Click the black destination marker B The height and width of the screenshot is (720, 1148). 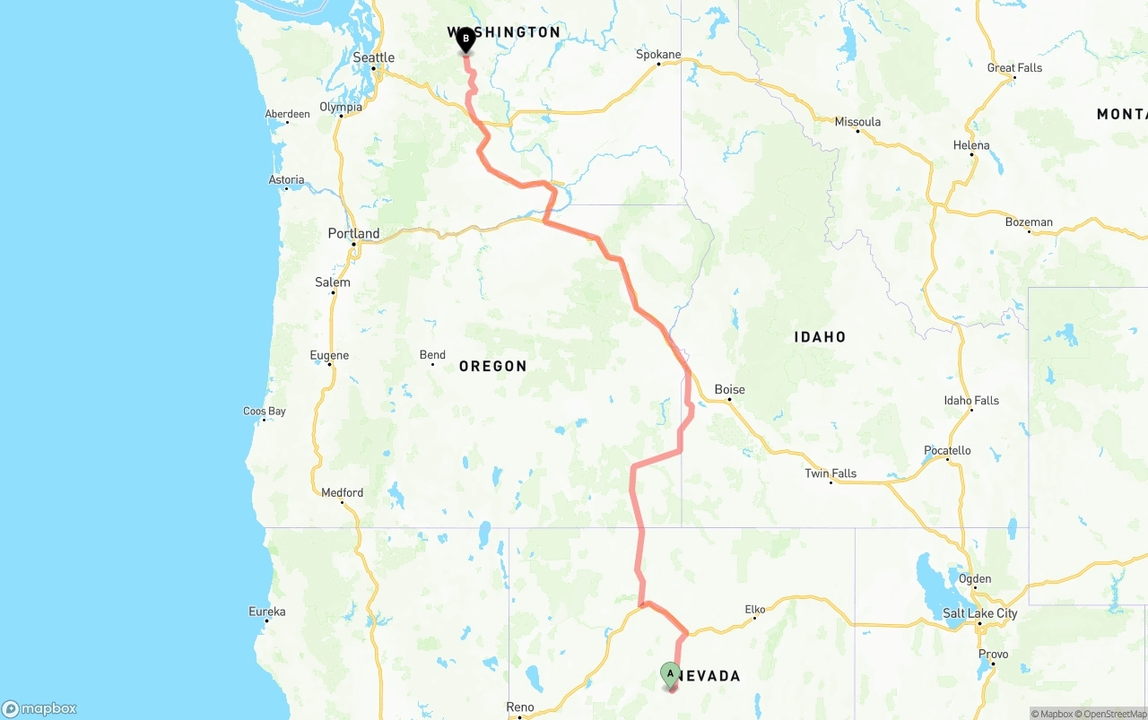tap(465, 39)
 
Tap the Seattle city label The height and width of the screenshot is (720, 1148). tap(374, 57)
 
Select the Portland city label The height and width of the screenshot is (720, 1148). tap(353, 233)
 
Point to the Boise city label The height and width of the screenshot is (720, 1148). tap(729, 389)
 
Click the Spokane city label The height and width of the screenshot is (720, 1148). tap(658, 54)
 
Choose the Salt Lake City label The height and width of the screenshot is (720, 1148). tap(980, 613)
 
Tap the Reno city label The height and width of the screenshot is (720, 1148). tap(520, 707)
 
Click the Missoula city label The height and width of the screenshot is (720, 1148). tap(857, 121)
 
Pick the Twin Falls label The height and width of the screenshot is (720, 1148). tap(831, 473)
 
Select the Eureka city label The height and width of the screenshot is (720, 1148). tap(267, 612)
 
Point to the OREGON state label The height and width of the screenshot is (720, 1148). tap(492, 366)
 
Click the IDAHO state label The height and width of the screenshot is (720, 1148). tap(820, 337)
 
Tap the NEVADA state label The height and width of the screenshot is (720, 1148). tap(709, 675)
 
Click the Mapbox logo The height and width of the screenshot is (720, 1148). tap(39, 708)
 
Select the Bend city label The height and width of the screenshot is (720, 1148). tap(432, 355)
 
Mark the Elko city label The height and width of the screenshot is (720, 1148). tap(755, 610)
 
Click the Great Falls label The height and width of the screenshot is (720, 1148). tap(1014, 67)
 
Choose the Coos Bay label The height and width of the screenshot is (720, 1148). tap(265, 412)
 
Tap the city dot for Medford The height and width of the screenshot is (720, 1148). tap(342, 503)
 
